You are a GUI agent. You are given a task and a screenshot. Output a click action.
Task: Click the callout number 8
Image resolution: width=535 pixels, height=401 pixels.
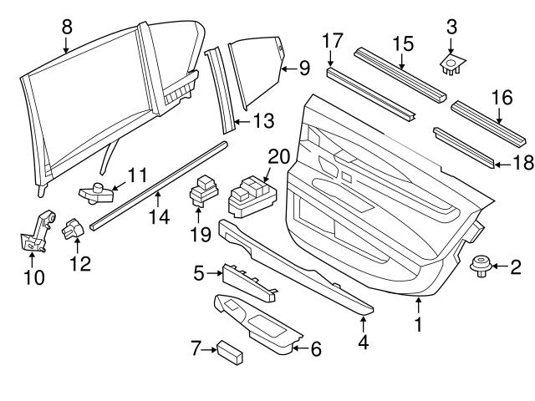click(67, 27)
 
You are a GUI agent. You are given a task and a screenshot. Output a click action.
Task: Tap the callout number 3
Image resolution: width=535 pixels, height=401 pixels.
click(451, 26)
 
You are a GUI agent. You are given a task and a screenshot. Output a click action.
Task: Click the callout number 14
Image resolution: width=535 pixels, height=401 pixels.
click(159, 216)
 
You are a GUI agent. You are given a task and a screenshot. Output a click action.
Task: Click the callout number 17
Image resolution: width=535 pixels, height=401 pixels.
click(332, 39)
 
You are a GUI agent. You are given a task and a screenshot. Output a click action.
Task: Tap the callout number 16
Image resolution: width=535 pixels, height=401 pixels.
click(500, 99)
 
